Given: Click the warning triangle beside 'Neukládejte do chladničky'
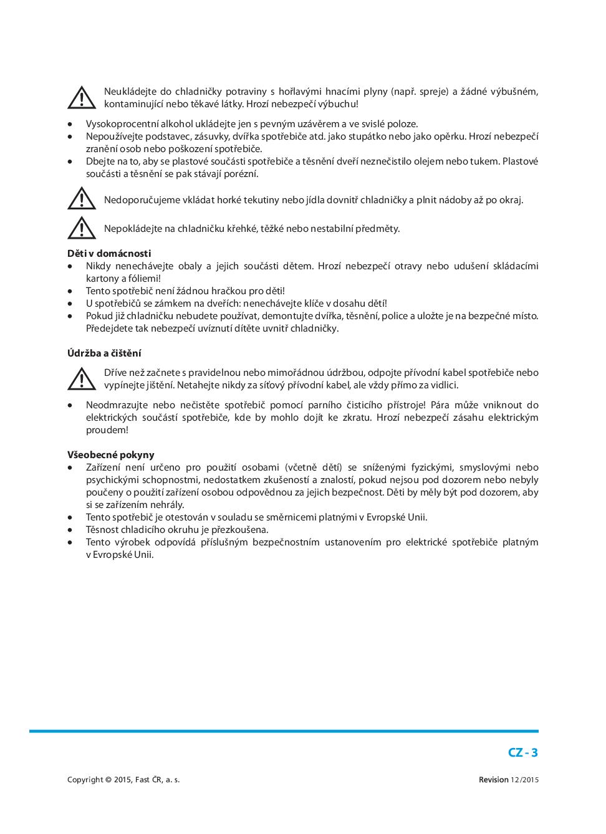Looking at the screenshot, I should pos(82,98).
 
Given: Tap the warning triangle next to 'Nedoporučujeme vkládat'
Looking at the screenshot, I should pos(82,199).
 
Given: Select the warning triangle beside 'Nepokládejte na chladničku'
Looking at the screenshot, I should pos(82,228).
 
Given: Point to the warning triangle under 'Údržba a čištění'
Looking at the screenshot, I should pos(82,378).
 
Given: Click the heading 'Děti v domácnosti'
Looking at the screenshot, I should pos(109,253).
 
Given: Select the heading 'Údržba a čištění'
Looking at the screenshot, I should pos(104,353).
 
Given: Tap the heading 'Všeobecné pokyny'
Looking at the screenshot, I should pos(111,454).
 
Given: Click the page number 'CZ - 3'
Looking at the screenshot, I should pos(522,752).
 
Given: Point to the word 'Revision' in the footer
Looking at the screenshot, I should pos(493,780).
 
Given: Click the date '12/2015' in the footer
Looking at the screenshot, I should pos(524,780).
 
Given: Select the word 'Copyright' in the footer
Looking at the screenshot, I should pos(85,780).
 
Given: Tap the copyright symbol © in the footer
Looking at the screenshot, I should pos(108,780).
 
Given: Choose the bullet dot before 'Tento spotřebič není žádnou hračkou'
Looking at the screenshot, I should pos(70,291).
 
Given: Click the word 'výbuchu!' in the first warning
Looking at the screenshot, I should pos(339,104).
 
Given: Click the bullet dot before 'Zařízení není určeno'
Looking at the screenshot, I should pos(70,467).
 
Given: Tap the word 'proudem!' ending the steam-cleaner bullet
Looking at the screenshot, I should pos(107,429).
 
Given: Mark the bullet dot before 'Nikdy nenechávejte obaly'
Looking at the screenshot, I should pos(70,266).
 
